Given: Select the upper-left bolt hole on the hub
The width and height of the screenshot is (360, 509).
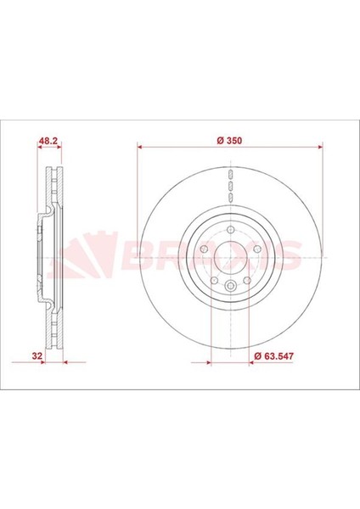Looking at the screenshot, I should click(x=204, y=249).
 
